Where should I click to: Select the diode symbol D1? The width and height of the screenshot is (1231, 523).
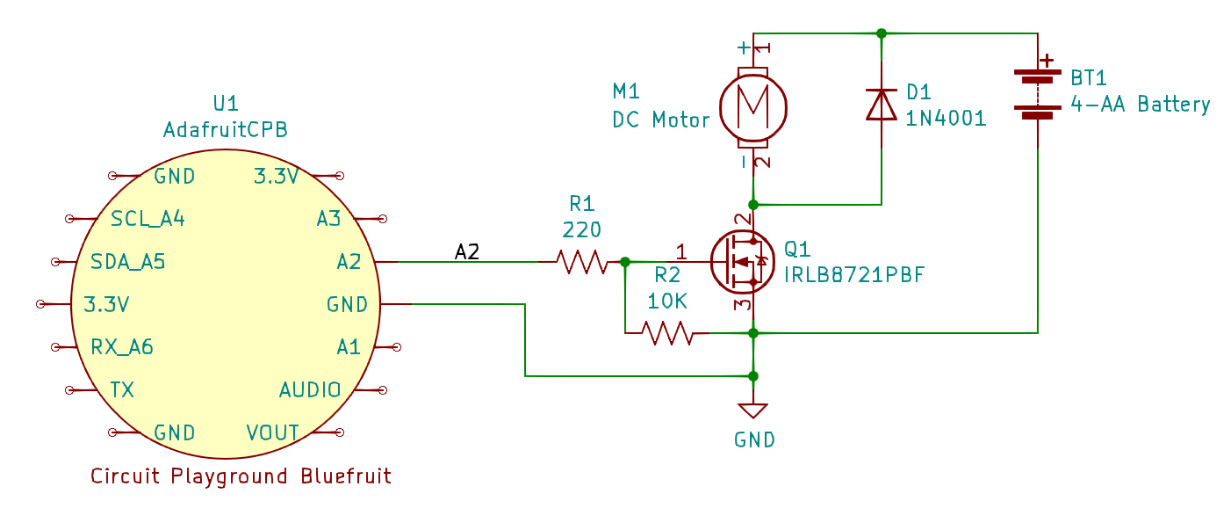[x=882, y=105]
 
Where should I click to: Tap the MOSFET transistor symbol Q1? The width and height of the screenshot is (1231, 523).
[x=740, y=261]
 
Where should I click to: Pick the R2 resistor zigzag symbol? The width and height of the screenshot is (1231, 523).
[x=666, y=333]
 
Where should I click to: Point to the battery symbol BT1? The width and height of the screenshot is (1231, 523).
[x=1038, y=94]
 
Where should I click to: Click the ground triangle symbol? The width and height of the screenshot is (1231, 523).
[x=753, y=410]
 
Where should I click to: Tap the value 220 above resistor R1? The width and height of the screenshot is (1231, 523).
[x=581, y=230]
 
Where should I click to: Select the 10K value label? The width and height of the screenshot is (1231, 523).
[x=667, y=301]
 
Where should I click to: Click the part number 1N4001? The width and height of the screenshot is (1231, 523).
[x=946, y=119]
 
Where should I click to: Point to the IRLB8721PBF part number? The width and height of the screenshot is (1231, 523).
[x=854, y=276]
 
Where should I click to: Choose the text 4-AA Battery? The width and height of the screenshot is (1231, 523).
[x=1140, y=105]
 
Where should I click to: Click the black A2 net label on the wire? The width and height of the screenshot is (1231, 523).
[x=467, y=252]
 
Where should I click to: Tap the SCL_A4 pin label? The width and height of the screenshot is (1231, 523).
[x=148, y=219]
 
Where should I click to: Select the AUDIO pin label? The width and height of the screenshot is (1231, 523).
[x=310, y=389]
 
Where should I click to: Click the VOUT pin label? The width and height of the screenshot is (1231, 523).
[x=272, y=432]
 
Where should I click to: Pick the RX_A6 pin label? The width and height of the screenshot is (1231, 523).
[x=122, y=347]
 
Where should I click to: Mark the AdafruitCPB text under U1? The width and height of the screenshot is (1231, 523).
[x=226, y=129]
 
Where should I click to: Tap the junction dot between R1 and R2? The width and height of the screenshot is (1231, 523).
[x=624, y=262]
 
